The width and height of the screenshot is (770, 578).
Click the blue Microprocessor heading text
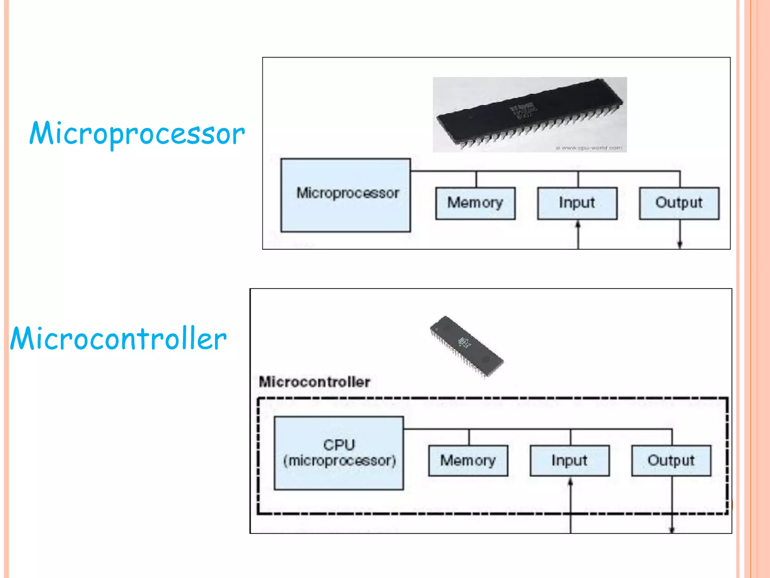pos(137,134)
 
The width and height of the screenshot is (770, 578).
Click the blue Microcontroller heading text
pos(118,339)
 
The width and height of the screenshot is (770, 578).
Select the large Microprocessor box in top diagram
pos(346,195)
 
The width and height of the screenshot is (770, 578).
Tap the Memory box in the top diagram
pos(475,203)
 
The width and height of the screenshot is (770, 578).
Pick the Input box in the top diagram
pos(577,203)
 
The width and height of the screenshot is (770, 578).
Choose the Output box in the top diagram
pos(679,203)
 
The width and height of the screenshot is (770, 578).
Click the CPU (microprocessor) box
pos(339,453)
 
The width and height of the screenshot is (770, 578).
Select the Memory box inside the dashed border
pos(468,461)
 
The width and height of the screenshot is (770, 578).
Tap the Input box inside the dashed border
pos(570,461)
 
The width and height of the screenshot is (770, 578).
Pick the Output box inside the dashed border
pos(671,461)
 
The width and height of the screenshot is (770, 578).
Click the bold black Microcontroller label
pos(315,382)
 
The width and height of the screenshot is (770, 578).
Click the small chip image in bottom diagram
pos(466,346)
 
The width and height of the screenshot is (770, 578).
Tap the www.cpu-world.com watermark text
pos(589,148)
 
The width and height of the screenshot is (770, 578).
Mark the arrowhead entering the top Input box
pos(578,225)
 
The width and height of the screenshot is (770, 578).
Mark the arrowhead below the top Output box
pos(680,245)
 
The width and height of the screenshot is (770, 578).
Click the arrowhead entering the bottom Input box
pos(570,482)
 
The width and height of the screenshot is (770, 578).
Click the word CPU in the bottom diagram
pos(339,445)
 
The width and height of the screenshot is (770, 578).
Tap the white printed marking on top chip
pos(523,110)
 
